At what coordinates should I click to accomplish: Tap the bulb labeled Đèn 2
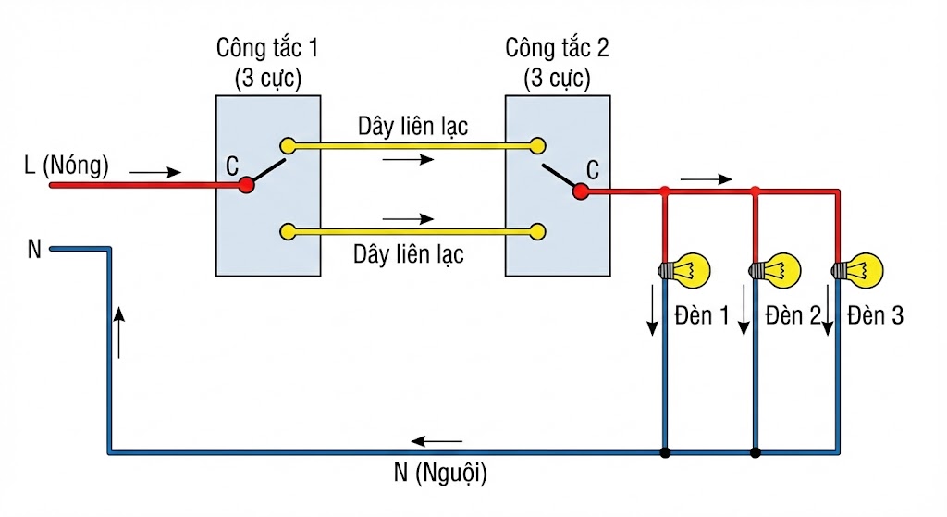click(x=776, y=270)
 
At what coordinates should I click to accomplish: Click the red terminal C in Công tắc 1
click(x=246, y=185)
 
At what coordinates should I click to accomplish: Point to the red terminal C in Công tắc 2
click(x=581, y=191)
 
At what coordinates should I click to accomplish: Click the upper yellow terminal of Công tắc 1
click(x=289, y=145)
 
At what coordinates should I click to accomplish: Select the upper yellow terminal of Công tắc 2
click(x=536, y=145)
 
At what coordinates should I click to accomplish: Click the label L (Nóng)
click(x=67, y=166)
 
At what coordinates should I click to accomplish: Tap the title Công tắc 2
click(x=558, y=46)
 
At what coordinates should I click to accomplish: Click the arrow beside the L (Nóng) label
click(x=156, y=172)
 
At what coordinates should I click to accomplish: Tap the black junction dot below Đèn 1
click(x=665, y=453)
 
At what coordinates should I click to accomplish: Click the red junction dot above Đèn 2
click(x=756, y=191)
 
